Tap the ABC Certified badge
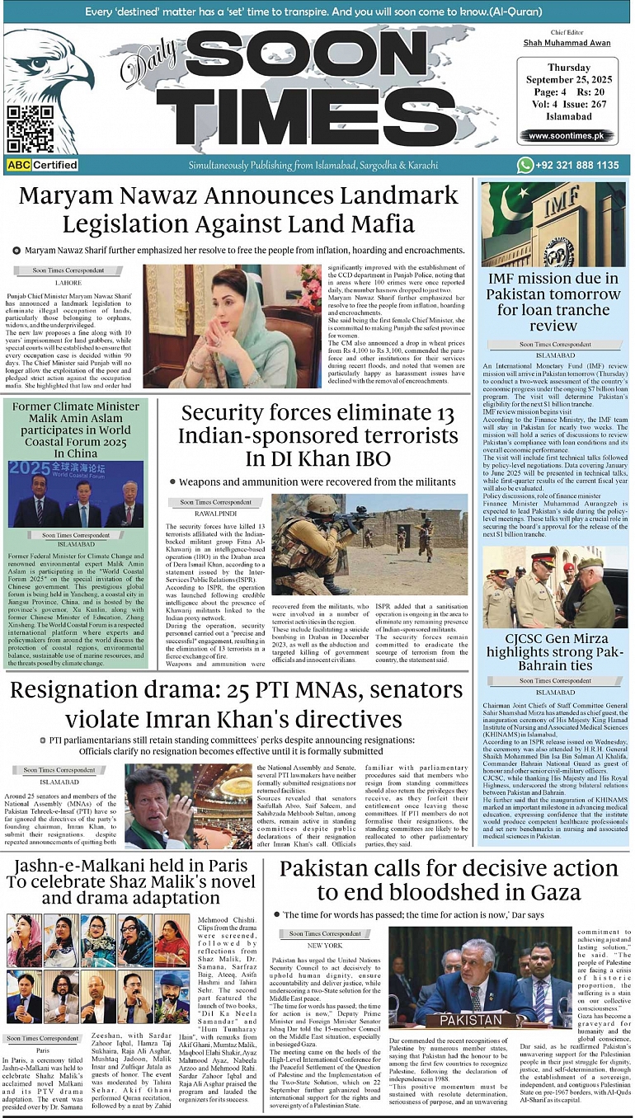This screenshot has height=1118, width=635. [42, 165]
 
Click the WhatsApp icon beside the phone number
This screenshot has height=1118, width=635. [525, 165]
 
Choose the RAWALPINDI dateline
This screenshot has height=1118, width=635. [215, 514]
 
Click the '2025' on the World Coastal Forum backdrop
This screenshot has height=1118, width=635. [26, 473]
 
